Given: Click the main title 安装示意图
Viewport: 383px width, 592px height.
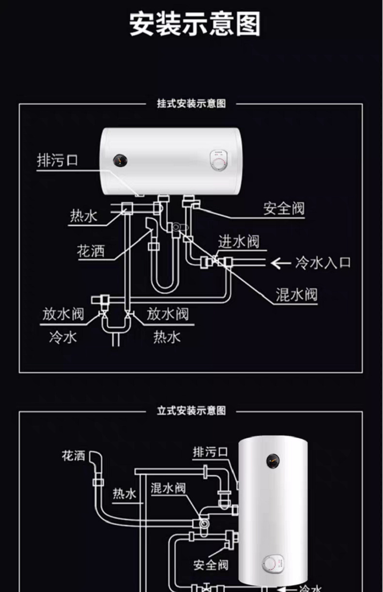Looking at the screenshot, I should [195, 24].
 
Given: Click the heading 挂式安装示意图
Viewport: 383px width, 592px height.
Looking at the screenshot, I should [191, 104].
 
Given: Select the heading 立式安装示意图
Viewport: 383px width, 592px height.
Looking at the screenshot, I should [191, 411].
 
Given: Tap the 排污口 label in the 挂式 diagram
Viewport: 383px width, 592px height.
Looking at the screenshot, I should [57, 160].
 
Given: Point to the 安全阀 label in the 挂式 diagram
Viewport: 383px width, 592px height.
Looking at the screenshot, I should [284, 209].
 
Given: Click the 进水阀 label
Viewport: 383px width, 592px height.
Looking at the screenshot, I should [239, 241].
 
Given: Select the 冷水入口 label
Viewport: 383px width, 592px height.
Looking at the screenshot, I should [323, 263].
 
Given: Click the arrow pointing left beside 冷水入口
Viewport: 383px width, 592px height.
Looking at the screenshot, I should [280, 263].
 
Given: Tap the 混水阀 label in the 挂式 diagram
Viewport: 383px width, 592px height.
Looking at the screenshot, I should [296, 294].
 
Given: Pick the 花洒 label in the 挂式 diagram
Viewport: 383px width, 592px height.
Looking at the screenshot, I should [91, 251].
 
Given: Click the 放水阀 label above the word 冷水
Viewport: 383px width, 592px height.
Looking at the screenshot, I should [63, 314].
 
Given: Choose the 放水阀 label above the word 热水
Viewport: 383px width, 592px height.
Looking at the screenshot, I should [168, 314].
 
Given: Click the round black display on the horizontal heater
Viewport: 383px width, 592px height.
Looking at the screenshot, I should [119, 160].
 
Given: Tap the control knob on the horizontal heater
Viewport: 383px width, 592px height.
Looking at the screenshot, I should [218, 160].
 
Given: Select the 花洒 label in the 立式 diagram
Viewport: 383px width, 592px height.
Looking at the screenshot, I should [73, 456].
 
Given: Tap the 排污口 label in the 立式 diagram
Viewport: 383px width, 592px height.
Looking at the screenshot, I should [210, 452].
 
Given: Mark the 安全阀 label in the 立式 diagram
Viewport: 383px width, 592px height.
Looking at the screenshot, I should [210, 565].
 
